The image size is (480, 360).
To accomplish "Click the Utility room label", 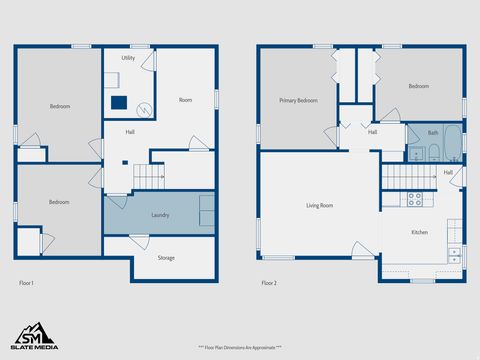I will pos(128,59).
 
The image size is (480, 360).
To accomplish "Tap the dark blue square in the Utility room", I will pos(120,101).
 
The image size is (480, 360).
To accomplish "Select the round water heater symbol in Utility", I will pos(144,110).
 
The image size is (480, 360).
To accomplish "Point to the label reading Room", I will pos(185,100).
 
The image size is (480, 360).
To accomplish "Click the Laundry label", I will pos(160,215).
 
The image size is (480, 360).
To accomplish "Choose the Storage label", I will pos(166,258).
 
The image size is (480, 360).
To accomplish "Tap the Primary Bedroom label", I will pos(298,100).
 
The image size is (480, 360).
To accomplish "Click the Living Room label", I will pos(319,206).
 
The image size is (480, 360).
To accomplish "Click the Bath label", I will pos(433,132).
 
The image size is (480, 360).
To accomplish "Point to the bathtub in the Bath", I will pos(451,142).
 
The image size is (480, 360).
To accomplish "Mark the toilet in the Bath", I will pos(434,153).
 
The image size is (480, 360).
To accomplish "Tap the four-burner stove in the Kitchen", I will pos(414,198).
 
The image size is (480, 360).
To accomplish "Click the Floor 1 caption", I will pos(27,284).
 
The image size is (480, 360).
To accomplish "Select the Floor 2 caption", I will pos(270,284).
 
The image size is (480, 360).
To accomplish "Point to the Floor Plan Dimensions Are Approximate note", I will pos(240,347).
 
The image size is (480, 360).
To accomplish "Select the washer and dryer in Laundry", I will pos(207,211).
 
